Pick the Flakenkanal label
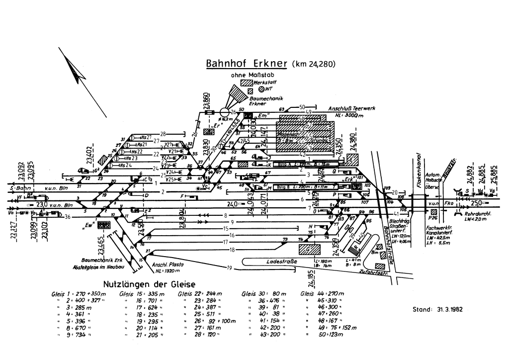[x=420, y=169]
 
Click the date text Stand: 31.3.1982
[x=437, y=309]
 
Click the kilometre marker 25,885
[x=493, y=174]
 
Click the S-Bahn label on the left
[x=20, y=189]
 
